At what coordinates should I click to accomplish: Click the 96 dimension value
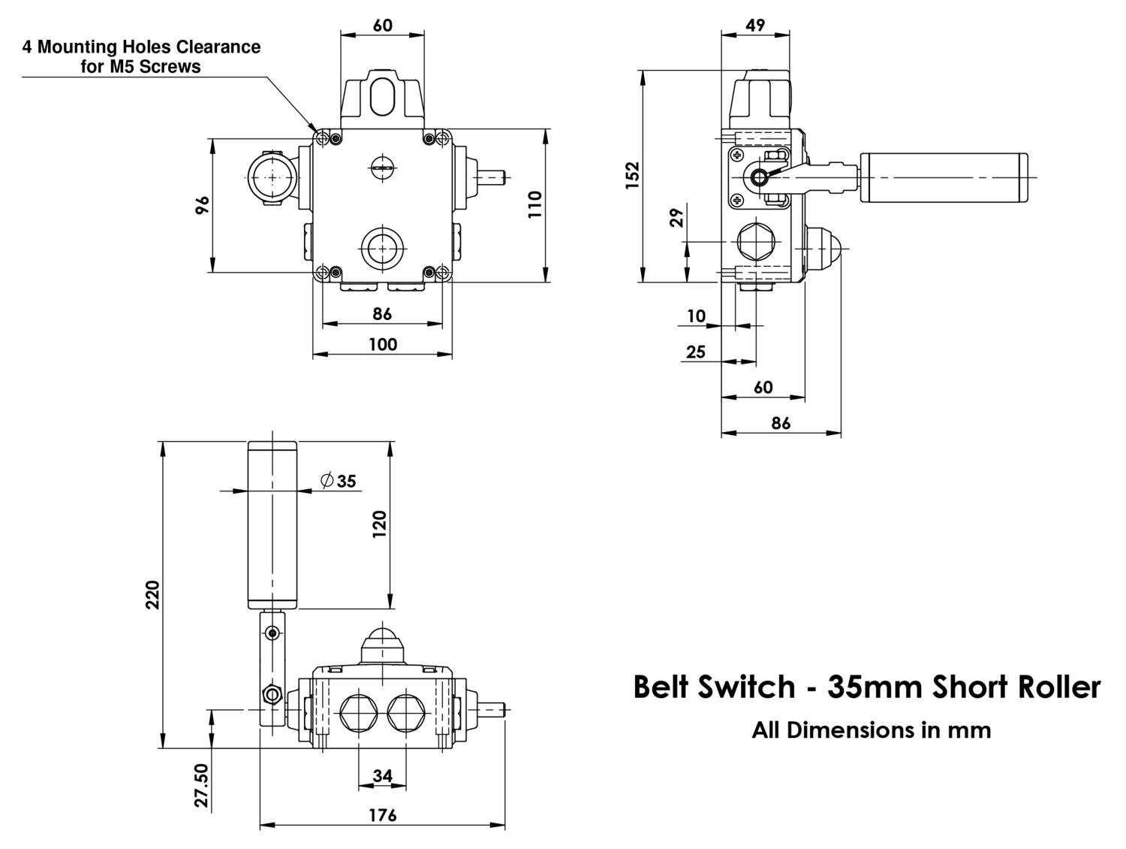click(202, 205)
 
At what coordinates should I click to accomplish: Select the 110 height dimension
click(534, 204)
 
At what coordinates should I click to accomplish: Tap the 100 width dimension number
click(382, 344)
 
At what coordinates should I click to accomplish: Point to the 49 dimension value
click(755, 25)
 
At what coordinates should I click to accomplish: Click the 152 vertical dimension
click(633, 174)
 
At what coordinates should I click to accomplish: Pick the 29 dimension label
click(676, 218)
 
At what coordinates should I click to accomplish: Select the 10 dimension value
click(697, 316)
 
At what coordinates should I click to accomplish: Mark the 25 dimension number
click(696, 351)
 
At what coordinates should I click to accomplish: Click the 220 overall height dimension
click(152, 594)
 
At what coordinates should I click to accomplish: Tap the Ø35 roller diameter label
click(338, 481)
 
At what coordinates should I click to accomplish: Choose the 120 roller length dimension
click(379, 524)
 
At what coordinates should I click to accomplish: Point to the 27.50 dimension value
click(201, 785)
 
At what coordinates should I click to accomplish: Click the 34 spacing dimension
click(382, 775)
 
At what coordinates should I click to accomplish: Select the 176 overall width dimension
click(382, 815)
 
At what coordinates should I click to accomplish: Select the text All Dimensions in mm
click(871, 730)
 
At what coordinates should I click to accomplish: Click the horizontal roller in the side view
click(943, 177)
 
